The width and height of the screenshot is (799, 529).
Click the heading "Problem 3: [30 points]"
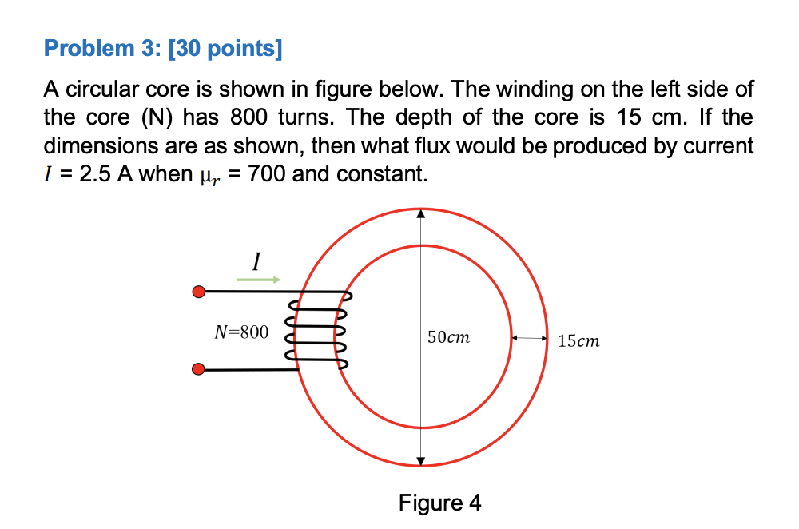(x=163, y=50)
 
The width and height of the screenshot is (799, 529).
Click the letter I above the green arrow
(x=256, y=261)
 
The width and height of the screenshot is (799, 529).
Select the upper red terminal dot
(x=199, y=292)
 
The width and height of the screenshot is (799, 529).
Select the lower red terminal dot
(x=199, y=369)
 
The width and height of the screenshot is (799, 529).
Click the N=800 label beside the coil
(x=241, y=332)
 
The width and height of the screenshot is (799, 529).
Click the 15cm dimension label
(x=578, y=342)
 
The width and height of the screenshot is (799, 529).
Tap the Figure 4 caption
(x=440, y=503)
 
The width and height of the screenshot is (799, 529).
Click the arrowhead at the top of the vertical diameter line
(x=422, y=214)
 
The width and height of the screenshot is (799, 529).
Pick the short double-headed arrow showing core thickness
(x=530, y=340)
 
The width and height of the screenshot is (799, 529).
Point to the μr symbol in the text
(x=206, y=175)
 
